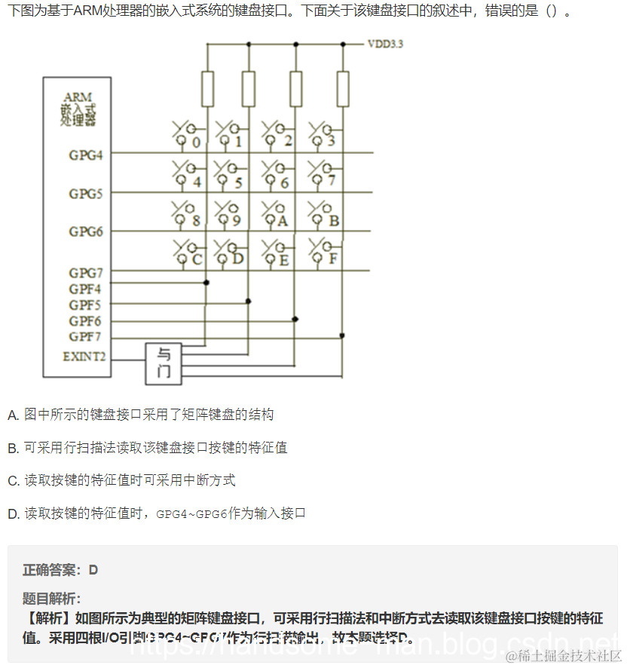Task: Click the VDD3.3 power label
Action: (385, 44)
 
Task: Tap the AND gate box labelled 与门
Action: (164, 362)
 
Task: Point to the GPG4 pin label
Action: (86, 155)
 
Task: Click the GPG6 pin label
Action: (86, 231)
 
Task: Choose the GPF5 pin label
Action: (85, 305)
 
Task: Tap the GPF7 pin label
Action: (85, 336)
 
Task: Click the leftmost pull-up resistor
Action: (207, 89)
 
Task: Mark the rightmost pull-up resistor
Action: (343, 89)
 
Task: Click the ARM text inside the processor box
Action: (78, 97)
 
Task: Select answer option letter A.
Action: (13, 415)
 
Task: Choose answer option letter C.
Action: (13, 481)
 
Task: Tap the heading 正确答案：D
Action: (60, 570)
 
